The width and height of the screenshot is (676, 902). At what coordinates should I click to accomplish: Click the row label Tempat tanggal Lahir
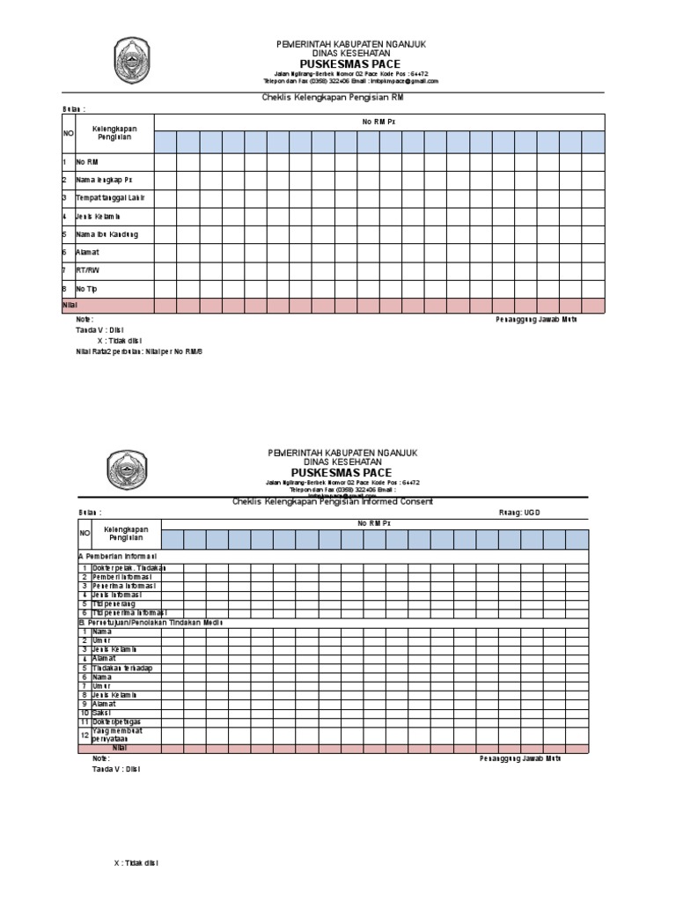[x=110, y=198]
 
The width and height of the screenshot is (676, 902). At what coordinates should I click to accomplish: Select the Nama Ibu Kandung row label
[x=107, y=234]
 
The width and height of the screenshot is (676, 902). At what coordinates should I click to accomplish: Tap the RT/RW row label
[x=88, y=270]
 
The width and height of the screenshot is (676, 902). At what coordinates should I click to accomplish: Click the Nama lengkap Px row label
[x=104, y=180]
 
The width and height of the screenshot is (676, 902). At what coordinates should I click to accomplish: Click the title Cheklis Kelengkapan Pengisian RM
[x=333, y=99]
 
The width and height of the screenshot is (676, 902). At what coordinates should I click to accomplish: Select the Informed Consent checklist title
[x=333, y=501]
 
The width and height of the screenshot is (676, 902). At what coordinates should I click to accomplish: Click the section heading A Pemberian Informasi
[x=118, y=557]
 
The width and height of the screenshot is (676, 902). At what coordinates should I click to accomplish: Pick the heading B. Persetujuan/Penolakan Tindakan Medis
[x=151, y=622]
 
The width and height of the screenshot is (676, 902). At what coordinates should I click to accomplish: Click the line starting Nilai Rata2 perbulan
[x=139, y=351]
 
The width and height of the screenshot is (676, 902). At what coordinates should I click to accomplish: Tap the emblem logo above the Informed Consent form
[x=128, y=468]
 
